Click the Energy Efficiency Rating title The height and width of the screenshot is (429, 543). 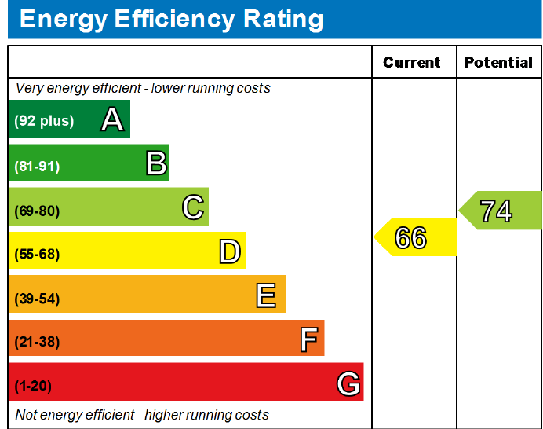(171, 20)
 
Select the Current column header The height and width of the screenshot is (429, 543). (412, 62)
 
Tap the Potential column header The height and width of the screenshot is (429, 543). (498, 62)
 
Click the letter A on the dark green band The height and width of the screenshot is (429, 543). (112, 119)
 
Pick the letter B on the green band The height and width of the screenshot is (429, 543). (156, 163)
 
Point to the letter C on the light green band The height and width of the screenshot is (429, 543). (193, 207)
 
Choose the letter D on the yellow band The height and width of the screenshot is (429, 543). (230, 251)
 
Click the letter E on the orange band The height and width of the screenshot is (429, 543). (266, 295)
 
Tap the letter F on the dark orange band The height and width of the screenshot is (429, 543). (309, 339)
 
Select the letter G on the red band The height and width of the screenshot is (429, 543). (348, 383)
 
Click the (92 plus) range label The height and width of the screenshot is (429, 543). (44, 121)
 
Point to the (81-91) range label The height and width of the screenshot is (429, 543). (37, 167)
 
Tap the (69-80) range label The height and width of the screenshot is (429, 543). (37, 211)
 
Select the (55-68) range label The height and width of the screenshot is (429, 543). (37, 255)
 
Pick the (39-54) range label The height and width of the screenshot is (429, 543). (37, 299)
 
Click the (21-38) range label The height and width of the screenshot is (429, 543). (37, 342)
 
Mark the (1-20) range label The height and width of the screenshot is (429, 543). (33, 386)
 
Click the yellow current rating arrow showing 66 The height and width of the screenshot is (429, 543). (415, 236)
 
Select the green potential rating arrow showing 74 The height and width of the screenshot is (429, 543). (500, 210)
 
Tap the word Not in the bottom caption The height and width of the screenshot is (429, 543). (27, 414)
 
